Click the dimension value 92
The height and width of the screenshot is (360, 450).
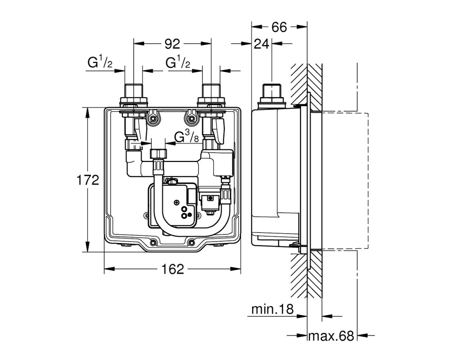pyautogui.click(x=172, y=44)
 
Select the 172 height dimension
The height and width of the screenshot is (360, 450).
pyautogui.click(x=88, y=180)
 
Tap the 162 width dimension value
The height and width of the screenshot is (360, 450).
pyautogui.click(x=172, y=269)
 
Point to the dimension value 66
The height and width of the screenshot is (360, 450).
pyautogui.click(x=279, y=27)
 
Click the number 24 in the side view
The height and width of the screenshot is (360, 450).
pyautogui.click(x=261, y=44)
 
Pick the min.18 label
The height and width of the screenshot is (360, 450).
pyautogui.click(x=273, y=310)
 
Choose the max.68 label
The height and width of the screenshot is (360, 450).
pyautogui.click(x=331, y=335)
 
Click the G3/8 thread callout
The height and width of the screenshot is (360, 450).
pyautogui.click(x=187, y=136)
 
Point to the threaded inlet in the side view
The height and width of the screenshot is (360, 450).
pyautogui.click(x=272, y=91)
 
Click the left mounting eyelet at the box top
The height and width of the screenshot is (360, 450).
pyautogui.click(x=153, y=117)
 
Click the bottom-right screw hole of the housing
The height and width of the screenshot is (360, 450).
pyautogui.click(x=191, y=242)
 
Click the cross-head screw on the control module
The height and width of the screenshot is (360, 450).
pyautogui.click(x=176, y=203)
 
